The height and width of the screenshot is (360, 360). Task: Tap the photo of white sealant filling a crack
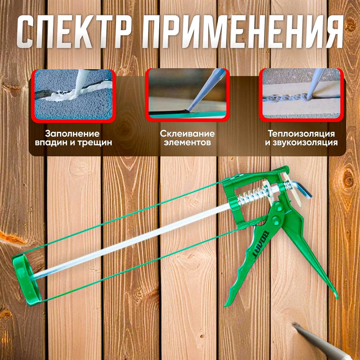click(x=73, y=95)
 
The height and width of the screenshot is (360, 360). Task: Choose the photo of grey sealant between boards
click(x=301, y=95)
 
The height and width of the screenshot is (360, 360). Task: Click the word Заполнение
click(x=72, y=134)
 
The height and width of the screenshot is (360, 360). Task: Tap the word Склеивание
click(x=187, y=134)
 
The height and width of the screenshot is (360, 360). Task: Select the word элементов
click(x=187, y=143)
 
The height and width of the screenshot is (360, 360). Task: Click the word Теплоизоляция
click(x=301, y=134)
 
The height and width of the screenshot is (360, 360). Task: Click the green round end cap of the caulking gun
click(x=26, y=280)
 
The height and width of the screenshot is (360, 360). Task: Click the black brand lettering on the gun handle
click(x=262, y=244)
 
